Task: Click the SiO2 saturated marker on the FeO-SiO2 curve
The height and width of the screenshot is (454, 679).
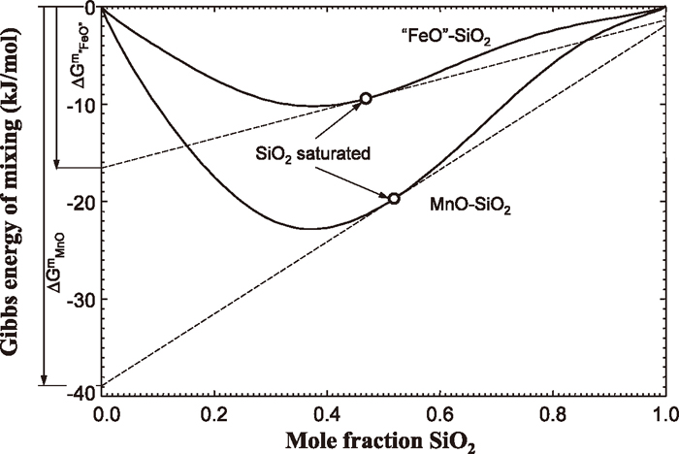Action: [366, 98]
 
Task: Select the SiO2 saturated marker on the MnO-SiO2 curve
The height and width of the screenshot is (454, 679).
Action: [394, 198]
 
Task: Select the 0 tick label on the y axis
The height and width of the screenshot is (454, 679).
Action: [88, 9]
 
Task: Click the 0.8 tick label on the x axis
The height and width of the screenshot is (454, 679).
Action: [552, 412]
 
